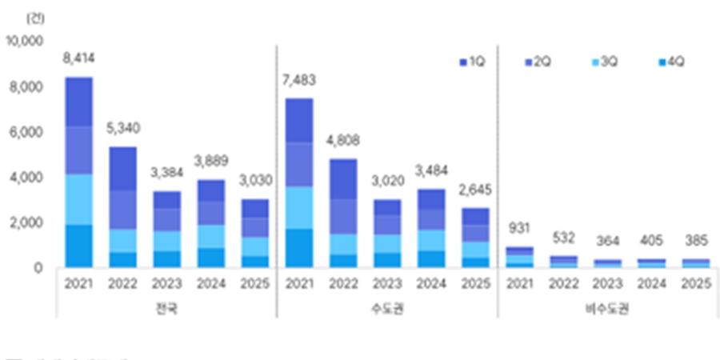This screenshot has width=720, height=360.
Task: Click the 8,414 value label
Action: [x=78, y=58]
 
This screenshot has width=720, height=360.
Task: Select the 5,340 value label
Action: [x=122, y=128]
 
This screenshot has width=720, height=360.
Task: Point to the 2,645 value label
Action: [x=475, y=190]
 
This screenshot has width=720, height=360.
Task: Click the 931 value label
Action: [x=520, y=230]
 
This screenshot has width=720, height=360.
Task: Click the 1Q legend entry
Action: [x=472, y=62]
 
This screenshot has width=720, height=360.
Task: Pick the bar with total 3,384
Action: [x=166, y=229]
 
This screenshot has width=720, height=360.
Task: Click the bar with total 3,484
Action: [x=431, y=228]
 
